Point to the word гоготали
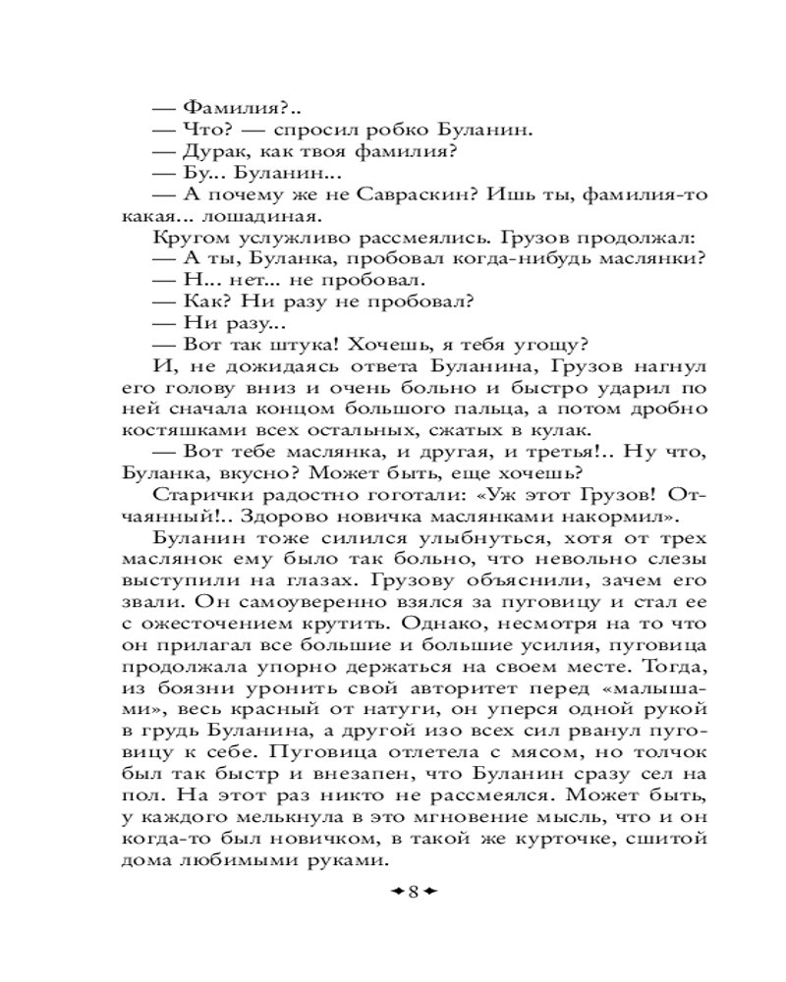[x=377, y=496]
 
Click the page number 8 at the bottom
[x=414, y=892]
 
